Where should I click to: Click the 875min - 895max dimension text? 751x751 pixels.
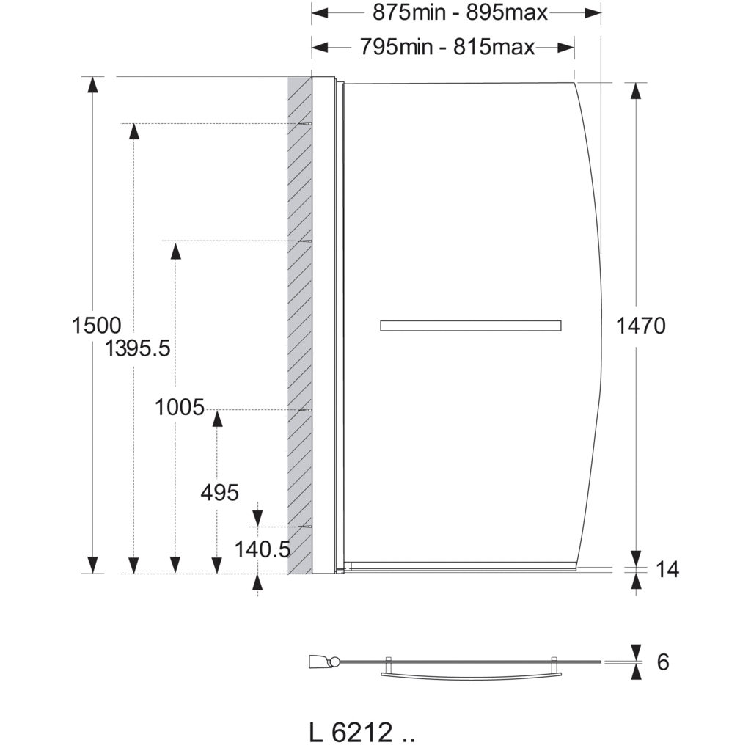tap(460, 12)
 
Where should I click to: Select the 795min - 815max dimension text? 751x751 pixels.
tap(447, 47)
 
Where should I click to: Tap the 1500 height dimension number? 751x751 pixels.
tap(96, 326)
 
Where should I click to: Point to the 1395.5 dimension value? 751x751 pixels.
tap(137, 348)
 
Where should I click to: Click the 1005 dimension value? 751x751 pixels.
tap(180, 408)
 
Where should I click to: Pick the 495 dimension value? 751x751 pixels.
tap(220, 492)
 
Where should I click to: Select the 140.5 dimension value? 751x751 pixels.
tap(263, 549)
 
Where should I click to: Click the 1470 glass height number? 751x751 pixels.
tap(641, 326)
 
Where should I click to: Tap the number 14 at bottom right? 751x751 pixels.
tap(667, 569)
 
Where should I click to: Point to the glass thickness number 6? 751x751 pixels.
tap(663, 662)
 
